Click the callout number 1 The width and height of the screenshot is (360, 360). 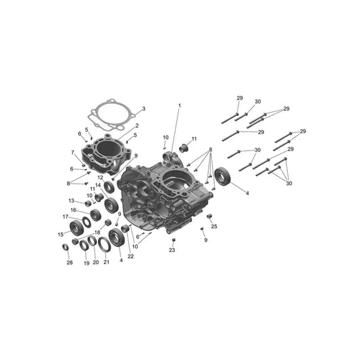click(180, 105)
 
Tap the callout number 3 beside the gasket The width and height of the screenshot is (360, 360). click(144, 109)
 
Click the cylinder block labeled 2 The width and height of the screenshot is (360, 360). click(107, 154)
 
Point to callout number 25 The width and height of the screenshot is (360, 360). click(214, 226)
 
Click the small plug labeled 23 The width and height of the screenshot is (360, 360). click(174, 240)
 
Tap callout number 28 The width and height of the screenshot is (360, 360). click(70, 263)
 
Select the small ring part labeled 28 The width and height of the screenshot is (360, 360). click(66, 247)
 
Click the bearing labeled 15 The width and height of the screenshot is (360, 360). click(76, 228)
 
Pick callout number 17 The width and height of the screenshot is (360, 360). click(66, 217)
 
